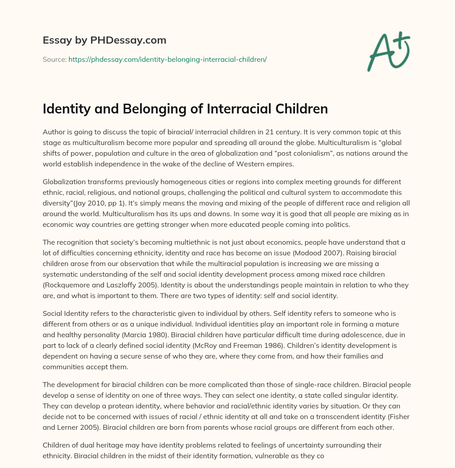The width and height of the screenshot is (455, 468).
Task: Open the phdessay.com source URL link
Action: [167, 59]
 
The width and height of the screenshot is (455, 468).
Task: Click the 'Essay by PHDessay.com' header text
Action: [104, 40]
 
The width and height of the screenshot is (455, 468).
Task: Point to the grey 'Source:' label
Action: [54, 59]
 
